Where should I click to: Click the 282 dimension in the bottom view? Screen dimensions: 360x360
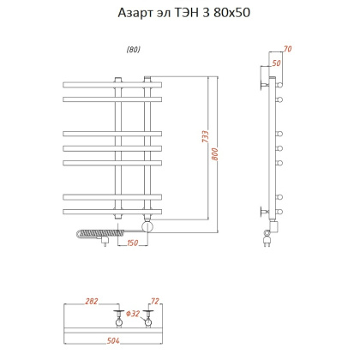pyautogui.click(x=93, y=302)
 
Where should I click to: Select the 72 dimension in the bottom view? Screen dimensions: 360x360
pyautogui.click(x=154, y=302)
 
